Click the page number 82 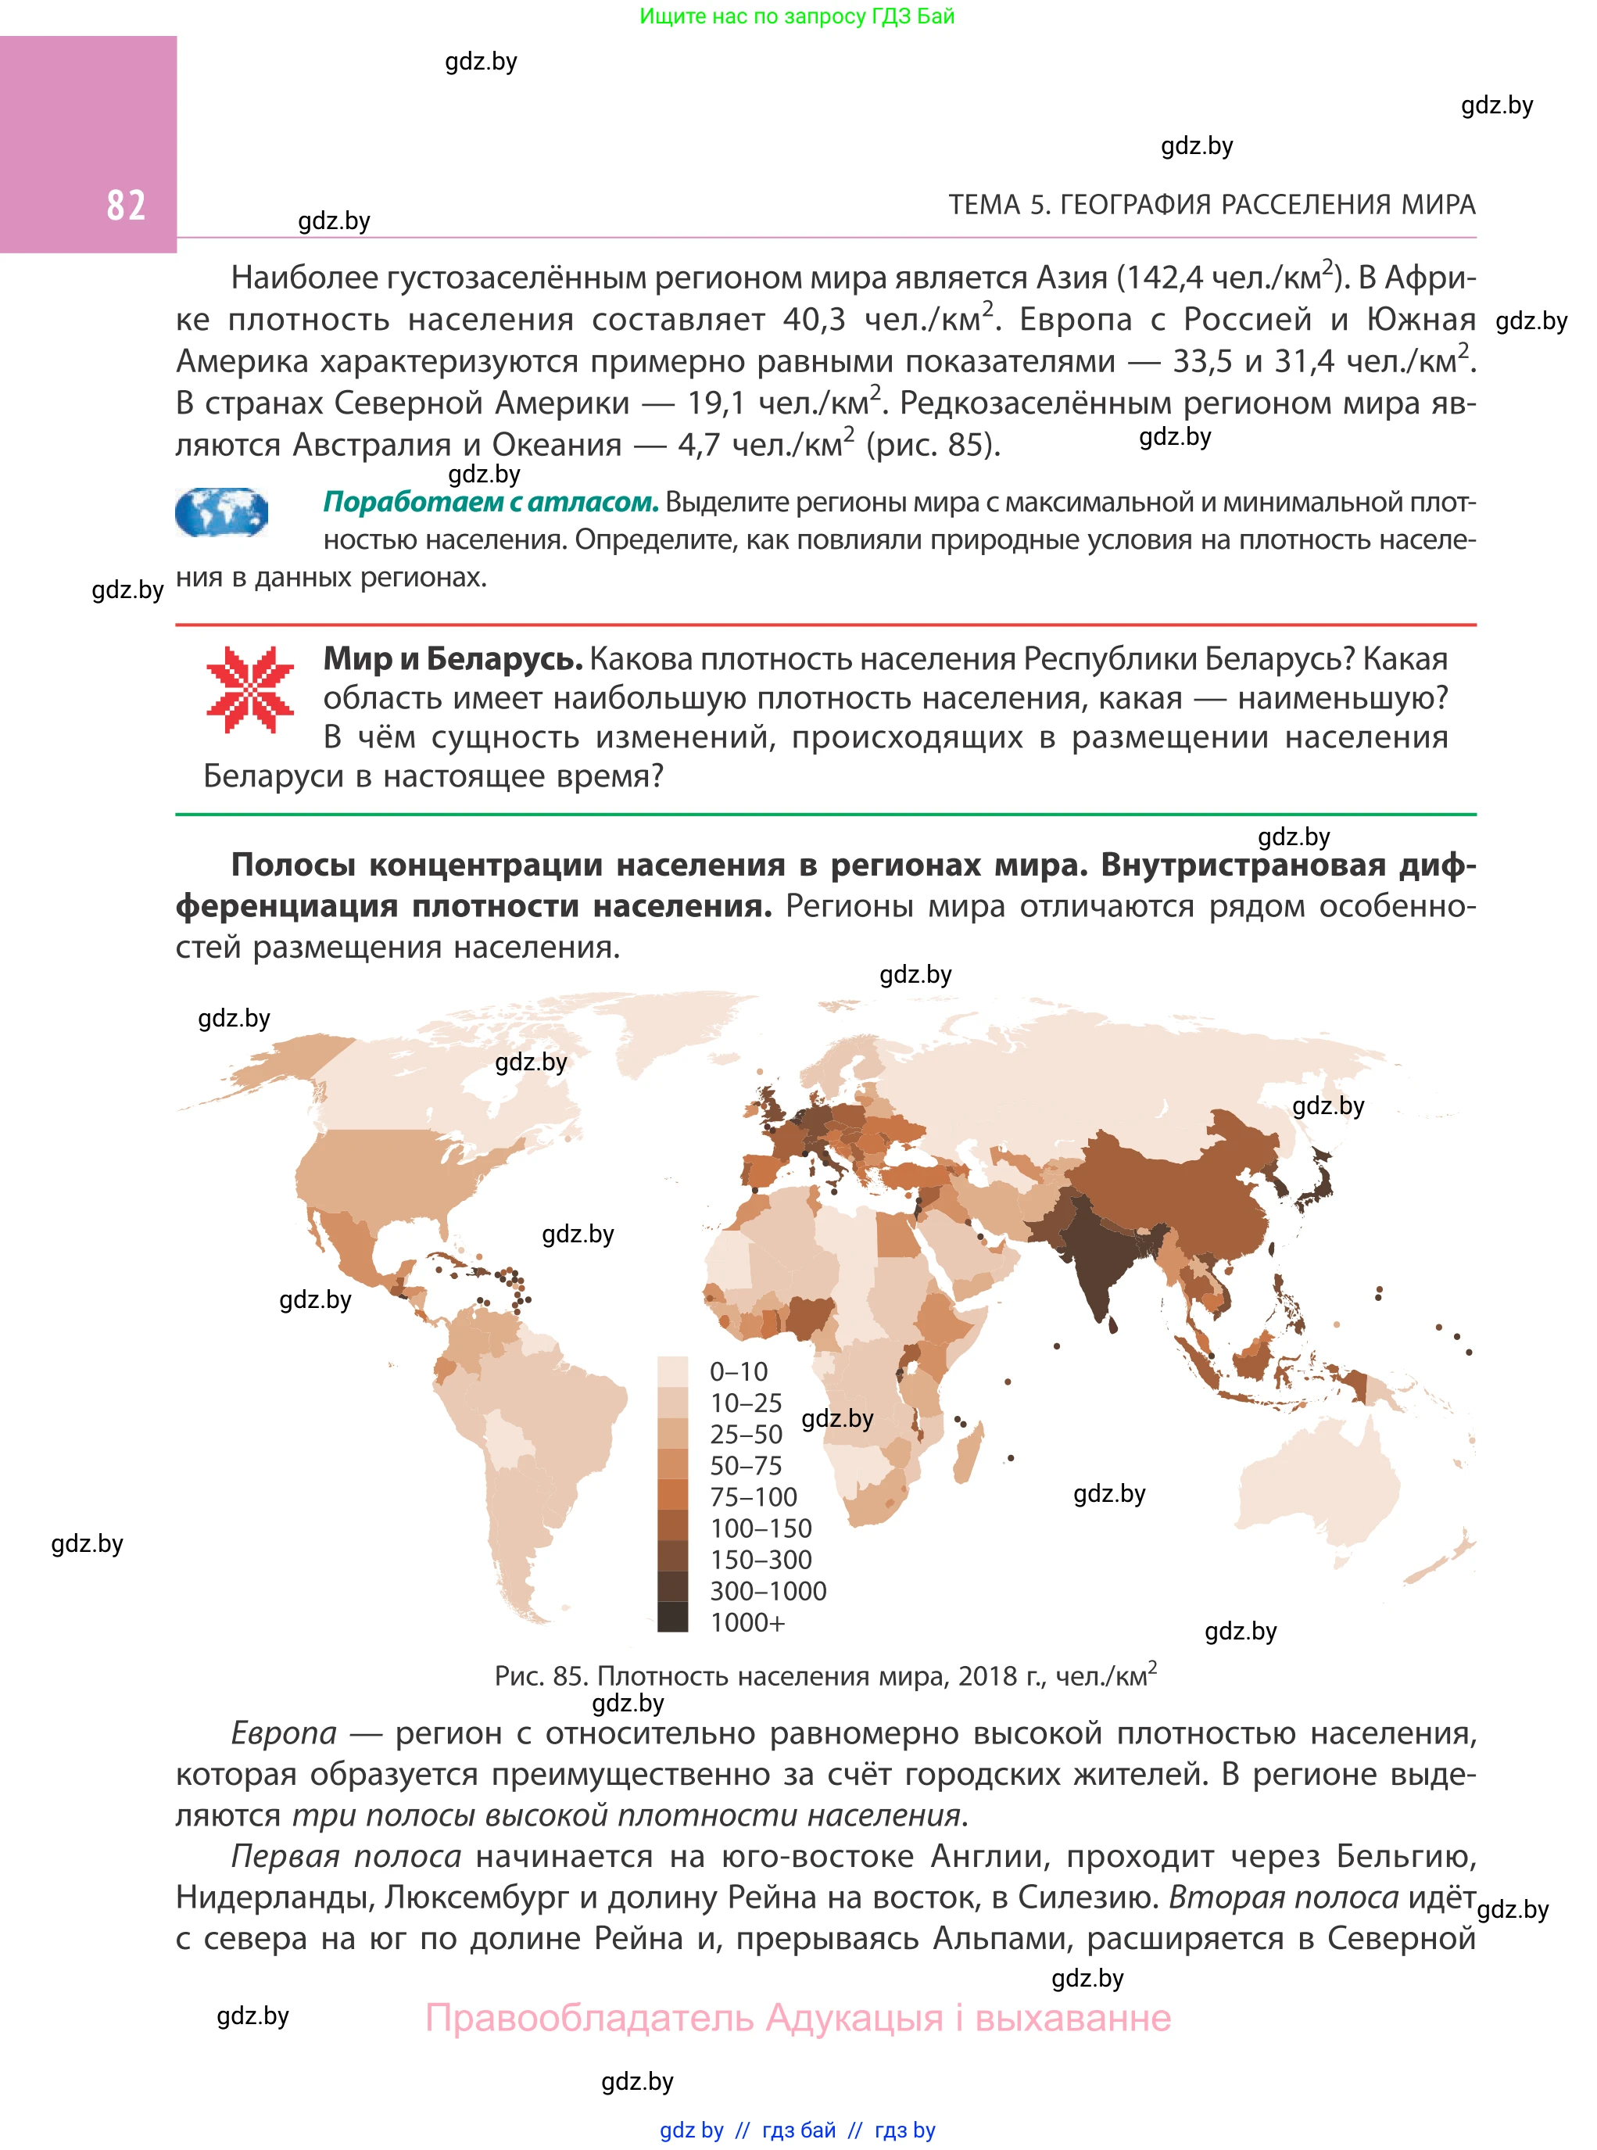point(126,205)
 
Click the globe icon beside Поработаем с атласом point(221,512)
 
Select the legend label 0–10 point(739,1372)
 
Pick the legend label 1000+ point(747,1623)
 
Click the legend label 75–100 point(753,1497)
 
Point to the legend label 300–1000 point(768,1591)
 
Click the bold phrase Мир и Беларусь point(453,659)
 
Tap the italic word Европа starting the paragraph point(283,1733)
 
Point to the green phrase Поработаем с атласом point(490,502)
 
